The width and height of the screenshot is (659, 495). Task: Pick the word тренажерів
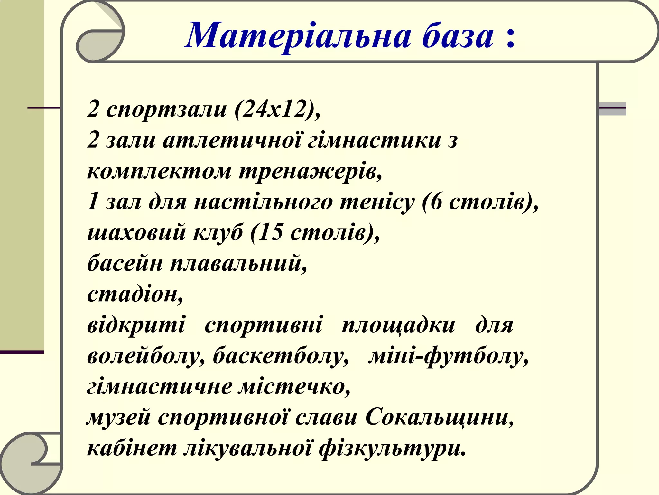(311, 171)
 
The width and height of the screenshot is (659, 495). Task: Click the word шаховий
(136, 233)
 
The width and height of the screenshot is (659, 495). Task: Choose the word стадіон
(135, 294)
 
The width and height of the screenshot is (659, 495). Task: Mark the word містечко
(294, 387)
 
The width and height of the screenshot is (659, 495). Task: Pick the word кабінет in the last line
(132, 448)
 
